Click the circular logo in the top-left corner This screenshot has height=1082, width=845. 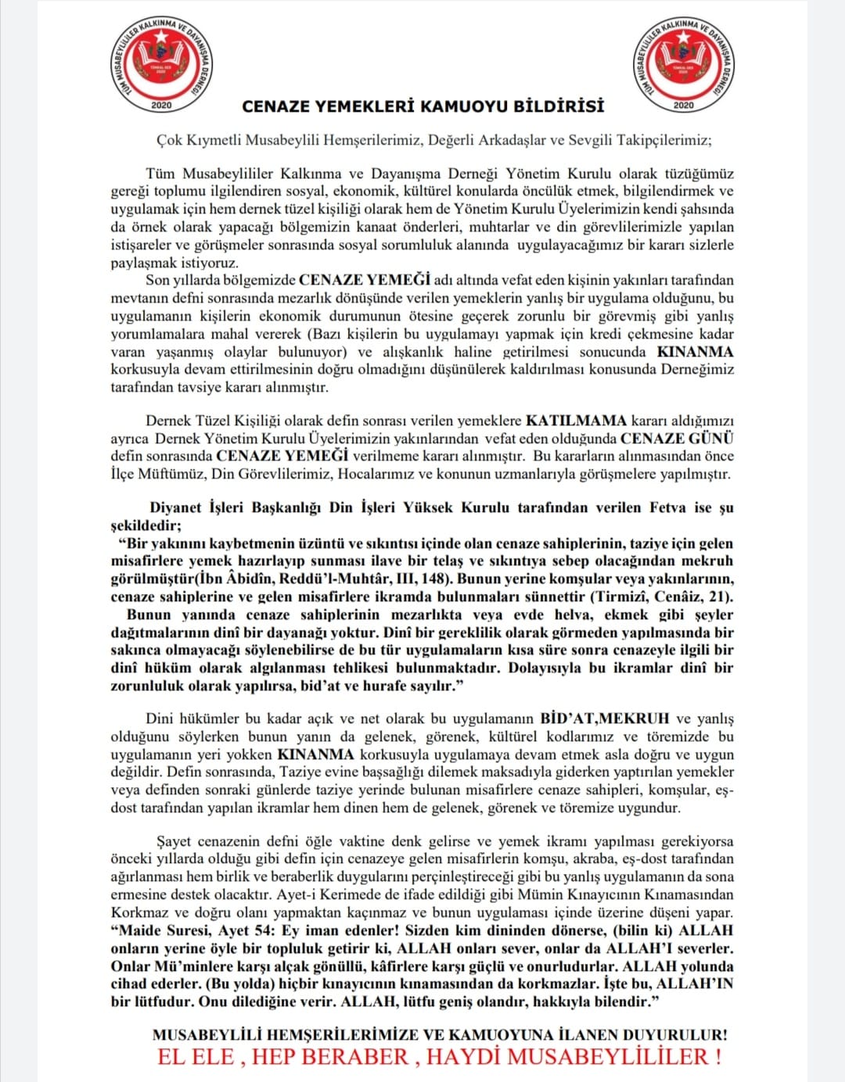click(x=161, y=65)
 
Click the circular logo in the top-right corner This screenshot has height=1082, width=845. click(x=683, y=65)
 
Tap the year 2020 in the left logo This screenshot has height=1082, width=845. click(x=161, y=105)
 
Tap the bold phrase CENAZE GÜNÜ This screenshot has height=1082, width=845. click(x=677, y=439)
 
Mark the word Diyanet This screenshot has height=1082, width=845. click(x=176, y=508)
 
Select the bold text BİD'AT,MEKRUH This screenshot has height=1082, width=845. click(x=605, y=718)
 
